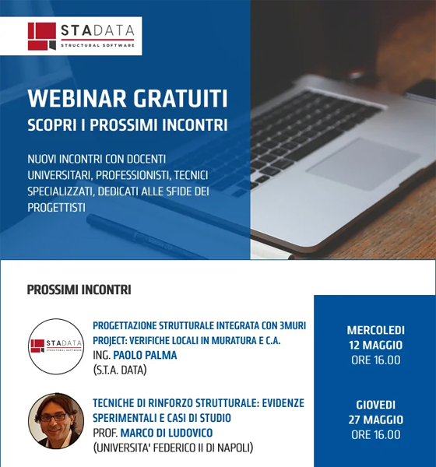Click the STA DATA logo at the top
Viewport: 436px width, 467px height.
[x=81, y=36]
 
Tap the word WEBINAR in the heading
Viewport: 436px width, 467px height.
[x=77, y=99]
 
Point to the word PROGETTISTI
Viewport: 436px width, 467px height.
[x=56, y=207]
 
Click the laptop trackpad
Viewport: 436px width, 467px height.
[x=364, y=163]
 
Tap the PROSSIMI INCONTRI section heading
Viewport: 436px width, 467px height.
[x=79, y=290]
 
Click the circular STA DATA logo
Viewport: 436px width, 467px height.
[x=56, y=346]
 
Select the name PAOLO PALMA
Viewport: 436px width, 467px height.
[x=145, y=355]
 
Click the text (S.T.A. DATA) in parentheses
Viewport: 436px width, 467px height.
[x=120, y=370]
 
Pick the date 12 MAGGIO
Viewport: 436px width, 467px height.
[x=375, y=345]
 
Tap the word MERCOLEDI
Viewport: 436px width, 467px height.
[x=375, y=330]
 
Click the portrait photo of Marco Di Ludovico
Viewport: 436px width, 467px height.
[x=56, y=421]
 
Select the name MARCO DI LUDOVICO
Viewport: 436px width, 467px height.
[x=167, y=433]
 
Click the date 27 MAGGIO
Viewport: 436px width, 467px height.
[x=375, y=420]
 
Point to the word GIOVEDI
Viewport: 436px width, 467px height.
[x=375, y=405]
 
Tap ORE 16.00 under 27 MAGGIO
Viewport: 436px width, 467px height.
[x=375, y=434]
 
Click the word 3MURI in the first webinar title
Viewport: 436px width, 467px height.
[x=293, y=325]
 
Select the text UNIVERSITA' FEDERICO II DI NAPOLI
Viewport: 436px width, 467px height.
[x=173, y=448]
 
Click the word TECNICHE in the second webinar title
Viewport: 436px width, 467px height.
[x=114, y=403]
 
